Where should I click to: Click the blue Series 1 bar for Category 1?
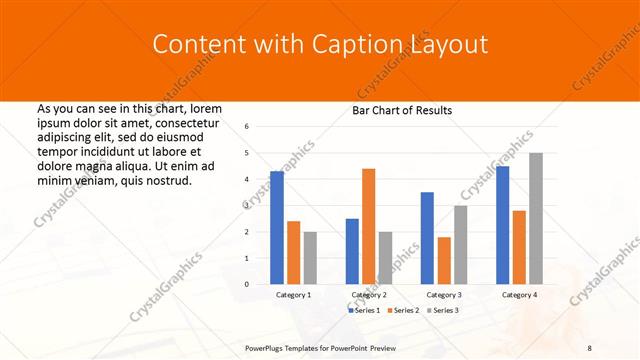point(277,228)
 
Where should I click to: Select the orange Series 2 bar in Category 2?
point(368,226)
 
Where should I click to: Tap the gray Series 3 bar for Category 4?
point(536,218)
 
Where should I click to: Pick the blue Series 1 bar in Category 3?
point(427,238)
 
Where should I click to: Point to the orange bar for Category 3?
point(444,260)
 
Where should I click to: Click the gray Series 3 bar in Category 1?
point(310,258)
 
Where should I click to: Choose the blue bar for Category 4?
point(502,225)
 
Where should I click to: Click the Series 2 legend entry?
point(403,311)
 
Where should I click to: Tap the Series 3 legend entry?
point(442,311)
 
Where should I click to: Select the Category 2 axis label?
point(368,296)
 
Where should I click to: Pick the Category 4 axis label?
point(519,296)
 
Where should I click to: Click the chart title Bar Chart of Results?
point(402,110)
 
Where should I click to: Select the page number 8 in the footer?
point(589,347)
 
